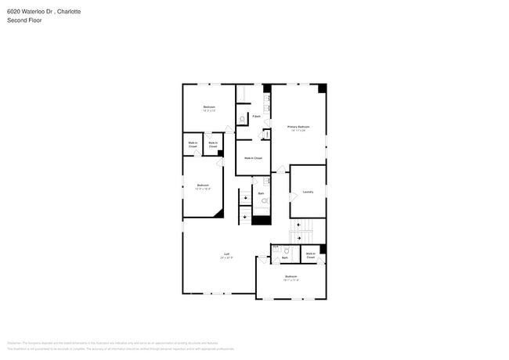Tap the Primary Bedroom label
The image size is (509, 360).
click(298, 126)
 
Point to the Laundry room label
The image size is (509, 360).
click(308, 192)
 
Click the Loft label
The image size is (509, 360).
click(227, 254)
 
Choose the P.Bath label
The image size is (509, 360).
click(256, 117)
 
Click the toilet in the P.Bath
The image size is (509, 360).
click(243, 119)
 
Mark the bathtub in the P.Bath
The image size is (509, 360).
click(242, 95)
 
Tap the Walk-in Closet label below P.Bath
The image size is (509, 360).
click(253, 158)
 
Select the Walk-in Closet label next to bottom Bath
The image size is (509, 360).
click(310, 255)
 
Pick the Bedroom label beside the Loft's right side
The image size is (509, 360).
click(291, 277)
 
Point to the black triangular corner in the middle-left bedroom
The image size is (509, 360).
click(219, 212)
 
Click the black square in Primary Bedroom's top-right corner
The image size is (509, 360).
click(321, 88)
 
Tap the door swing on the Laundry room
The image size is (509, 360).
click(294, 208)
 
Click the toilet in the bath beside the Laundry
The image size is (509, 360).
click(265, 201)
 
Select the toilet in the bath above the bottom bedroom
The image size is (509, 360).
click(287, 251)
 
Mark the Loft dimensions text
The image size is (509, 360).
click(227, 258)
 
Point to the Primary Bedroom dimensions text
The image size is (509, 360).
click(298, 130)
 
